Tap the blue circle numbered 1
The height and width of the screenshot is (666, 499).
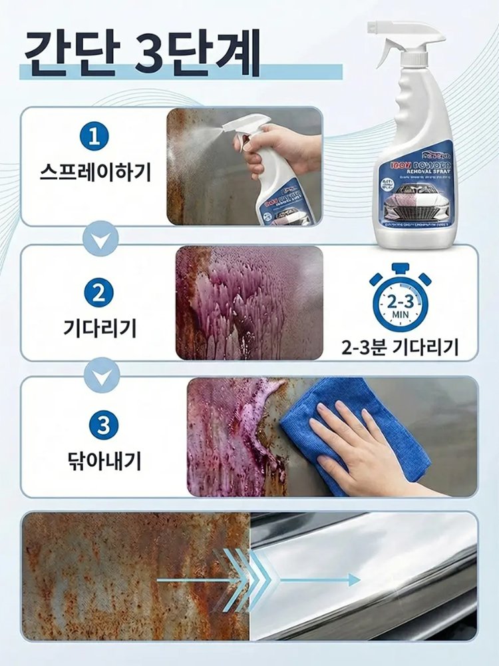(94, 137)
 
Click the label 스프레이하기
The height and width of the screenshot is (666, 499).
(94, 174)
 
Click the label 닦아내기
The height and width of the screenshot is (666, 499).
(102, 460)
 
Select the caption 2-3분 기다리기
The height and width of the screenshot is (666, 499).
(399, 347)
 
